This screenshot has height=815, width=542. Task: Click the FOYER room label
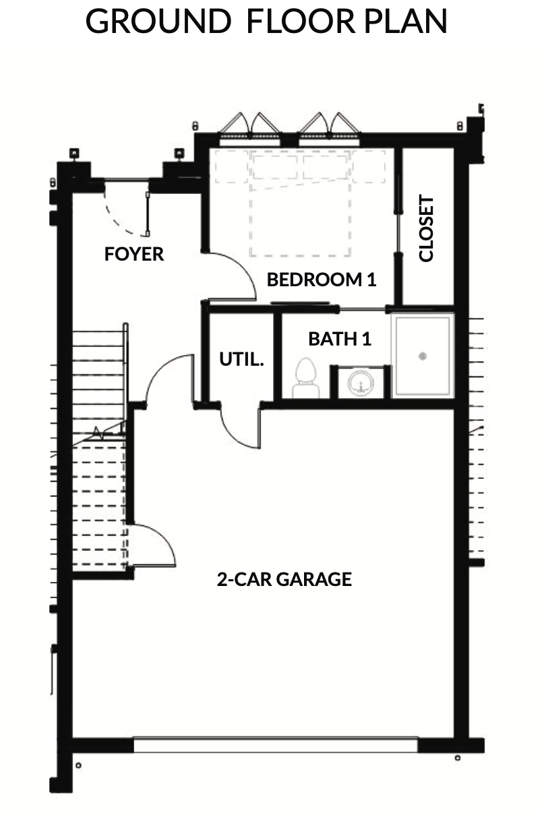point(134,254)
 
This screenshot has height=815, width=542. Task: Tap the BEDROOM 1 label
point(322,280)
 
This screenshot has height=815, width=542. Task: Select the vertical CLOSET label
point(426,228)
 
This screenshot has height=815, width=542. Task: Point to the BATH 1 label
point(340,339)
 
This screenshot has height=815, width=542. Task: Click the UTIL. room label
point(241,359)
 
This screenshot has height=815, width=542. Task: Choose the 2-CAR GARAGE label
point(284,580)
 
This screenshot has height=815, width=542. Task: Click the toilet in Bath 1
point(305,379)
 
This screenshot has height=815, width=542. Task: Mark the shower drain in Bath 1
point(423,356)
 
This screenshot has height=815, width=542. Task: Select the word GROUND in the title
point(158,22)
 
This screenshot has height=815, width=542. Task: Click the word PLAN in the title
point(405,22)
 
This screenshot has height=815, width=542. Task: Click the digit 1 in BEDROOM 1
point(372,280)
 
